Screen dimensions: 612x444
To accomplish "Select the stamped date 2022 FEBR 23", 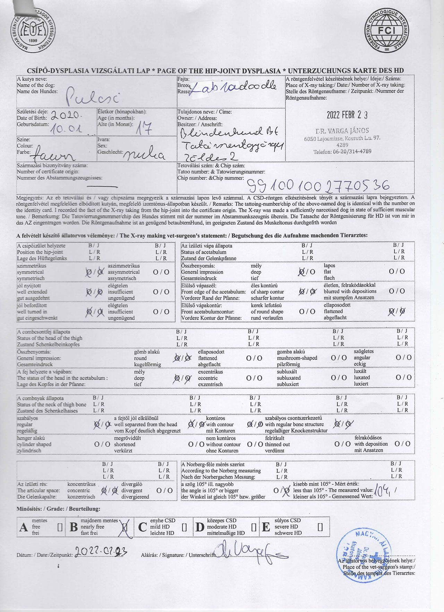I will (347, 115).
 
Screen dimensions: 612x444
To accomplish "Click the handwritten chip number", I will (317, 186).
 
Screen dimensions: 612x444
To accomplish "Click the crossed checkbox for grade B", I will (125, 527).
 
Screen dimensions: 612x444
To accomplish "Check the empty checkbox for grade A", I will (60, 527).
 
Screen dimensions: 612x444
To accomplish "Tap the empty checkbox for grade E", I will (320, 527).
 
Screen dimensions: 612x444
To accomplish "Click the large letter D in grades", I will (200, 527).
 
